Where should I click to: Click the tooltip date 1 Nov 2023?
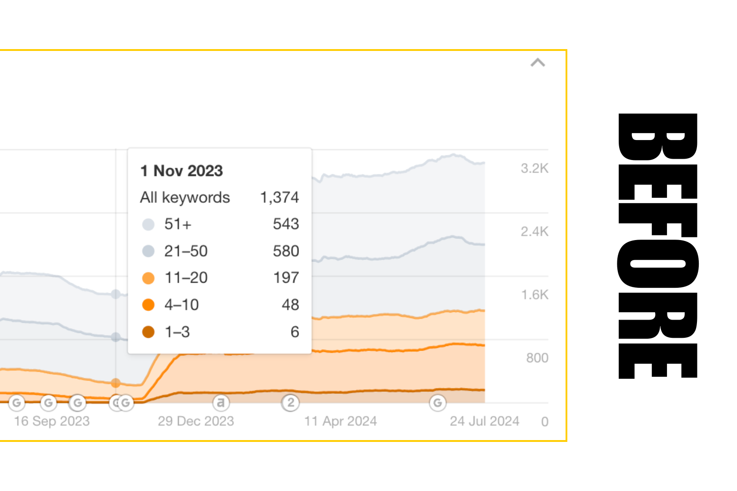point(182,171)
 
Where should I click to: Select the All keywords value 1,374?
point(279,197)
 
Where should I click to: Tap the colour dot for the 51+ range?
point(148,224)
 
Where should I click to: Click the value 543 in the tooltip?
point(286,224)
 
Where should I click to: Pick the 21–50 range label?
point(186,251)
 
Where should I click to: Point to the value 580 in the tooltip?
point(286,251)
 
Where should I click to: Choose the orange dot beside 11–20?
point(148,278)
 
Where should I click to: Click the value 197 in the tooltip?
point(286,278)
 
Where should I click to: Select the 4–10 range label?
point(182,305)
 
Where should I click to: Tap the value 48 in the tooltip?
point(290,305)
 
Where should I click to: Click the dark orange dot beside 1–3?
point(148,332)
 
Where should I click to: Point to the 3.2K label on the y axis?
point(535,169)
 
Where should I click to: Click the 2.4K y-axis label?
point(535,232)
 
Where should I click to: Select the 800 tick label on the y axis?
point(537,358)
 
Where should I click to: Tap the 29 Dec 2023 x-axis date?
point(196,421)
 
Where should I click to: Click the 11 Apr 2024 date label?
point(340,421)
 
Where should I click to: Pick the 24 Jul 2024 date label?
point(485,421)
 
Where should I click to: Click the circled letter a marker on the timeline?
point(221,403)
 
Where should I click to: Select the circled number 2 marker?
point(290,403)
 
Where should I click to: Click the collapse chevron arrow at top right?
point(538,63)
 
